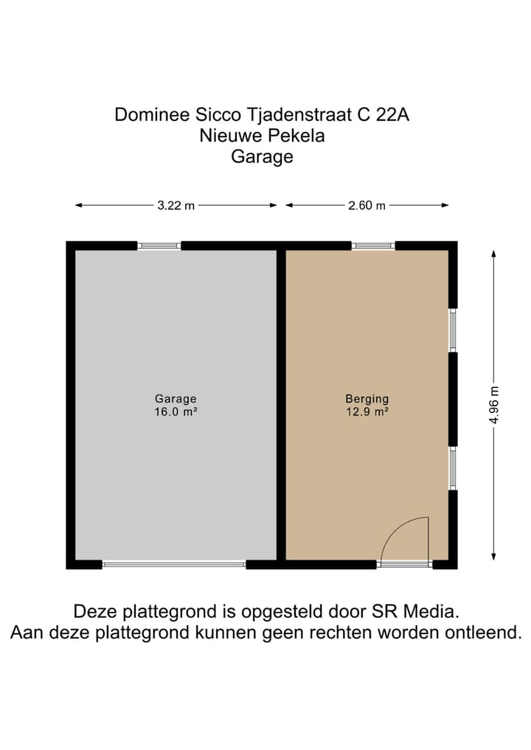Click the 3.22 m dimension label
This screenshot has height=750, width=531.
(x=176, y=206)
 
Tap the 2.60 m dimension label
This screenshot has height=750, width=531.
(x=367, y=206)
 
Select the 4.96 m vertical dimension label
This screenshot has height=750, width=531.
(x=494, y=405)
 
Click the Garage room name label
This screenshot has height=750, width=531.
(x=176, y=399)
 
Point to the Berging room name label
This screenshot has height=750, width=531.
(x=367, y=399)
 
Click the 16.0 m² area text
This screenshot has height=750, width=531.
(x=176, y=412)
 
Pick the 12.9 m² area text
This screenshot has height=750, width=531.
(x=367, y=412)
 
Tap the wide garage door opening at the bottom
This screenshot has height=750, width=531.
(x=174, y=564)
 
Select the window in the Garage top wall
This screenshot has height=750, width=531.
(x=159, y=246)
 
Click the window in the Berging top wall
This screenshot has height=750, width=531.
(x=373, y=246)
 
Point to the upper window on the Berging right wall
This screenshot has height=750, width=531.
(x=453, y=330)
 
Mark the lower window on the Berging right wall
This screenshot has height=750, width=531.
(x=453, y=468)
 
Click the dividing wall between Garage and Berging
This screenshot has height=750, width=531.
(x=281, y=404)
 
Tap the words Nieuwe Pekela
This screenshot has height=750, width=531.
(x=262, y=136)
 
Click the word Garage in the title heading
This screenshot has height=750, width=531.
(x=262, y=156)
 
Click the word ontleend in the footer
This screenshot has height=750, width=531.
(x=484, y=633)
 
